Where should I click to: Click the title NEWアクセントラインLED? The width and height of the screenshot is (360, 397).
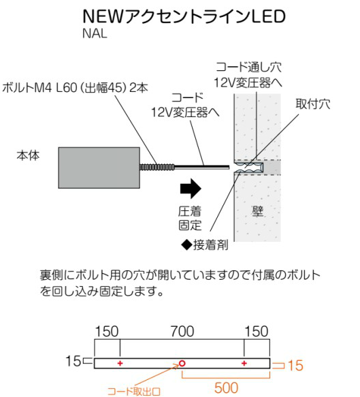click(184, 16)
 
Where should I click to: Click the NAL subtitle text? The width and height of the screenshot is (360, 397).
click(95, 33)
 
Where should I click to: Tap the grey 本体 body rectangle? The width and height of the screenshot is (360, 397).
click(99, 168)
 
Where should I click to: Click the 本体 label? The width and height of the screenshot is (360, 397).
click(28, 155)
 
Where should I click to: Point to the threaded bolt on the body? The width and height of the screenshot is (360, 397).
click(157, 167)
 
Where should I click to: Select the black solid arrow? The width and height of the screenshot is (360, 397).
click(191, 189)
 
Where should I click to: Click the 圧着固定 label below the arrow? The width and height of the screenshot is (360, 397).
click(190, 219)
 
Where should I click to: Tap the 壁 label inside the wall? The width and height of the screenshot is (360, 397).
click(257, 211)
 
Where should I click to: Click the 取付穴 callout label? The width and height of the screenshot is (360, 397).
click(313, 104)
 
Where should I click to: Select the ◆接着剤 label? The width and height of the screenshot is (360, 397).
click(205, 245)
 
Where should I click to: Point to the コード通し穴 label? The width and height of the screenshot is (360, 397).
click(248, 67)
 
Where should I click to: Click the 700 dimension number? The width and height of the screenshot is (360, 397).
click(182, 332)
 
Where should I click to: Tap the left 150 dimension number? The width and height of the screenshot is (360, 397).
click(107, 332)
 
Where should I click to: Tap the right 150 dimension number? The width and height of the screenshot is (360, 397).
click(257, 332)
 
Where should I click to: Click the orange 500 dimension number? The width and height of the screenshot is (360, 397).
click(226, 387)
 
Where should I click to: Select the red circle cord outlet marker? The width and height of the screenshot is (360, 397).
click(182, 364)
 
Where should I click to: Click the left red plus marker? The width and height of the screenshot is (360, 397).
click(120, 364)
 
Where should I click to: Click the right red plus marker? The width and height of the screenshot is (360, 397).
click(244, 364)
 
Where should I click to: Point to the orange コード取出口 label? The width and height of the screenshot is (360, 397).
click(134, 392)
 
